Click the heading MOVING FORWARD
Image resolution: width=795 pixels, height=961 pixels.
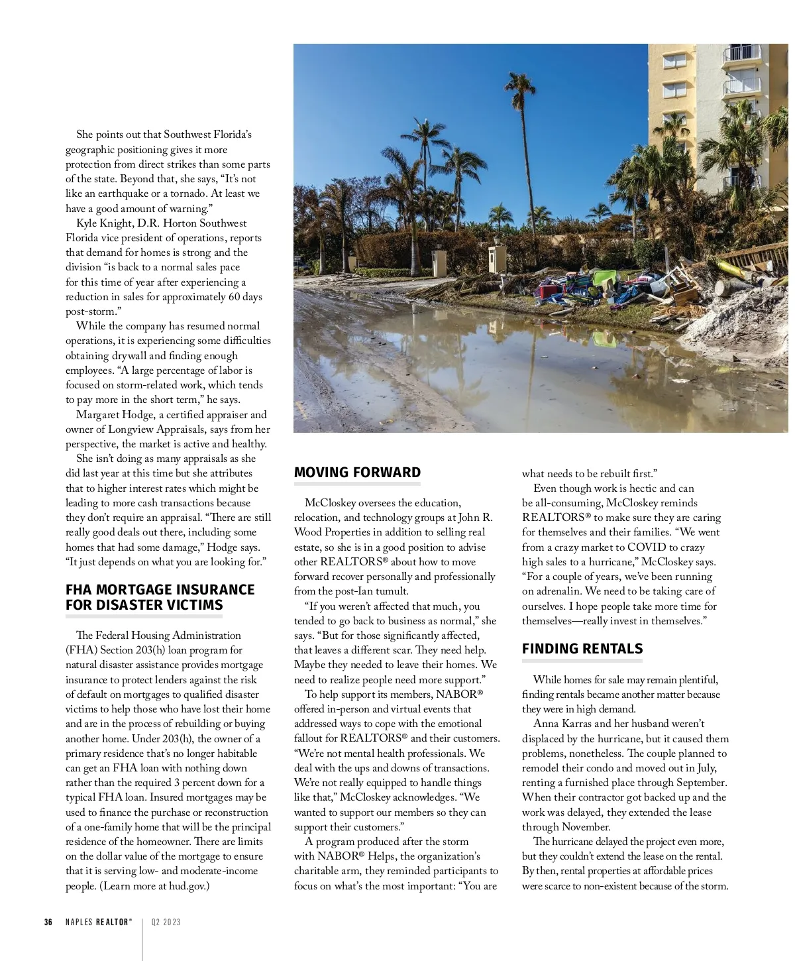357,473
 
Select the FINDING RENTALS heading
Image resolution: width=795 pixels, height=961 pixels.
582,649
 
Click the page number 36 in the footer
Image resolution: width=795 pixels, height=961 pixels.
48,922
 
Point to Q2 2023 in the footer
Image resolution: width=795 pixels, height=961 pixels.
166,922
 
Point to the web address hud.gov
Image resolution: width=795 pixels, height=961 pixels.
188,886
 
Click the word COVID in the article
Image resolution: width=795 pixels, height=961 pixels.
646,547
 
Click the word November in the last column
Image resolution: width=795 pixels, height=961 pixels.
586,827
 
